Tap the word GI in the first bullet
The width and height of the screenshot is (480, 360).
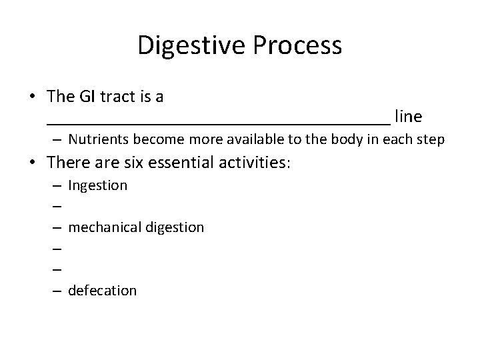click(89, 97)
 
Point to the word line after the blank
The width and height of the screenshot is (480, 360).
click(408, 117)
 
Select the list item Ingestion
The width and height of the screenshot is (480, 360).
click(97, 185)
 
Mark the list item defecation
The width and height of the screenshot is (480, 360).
click(102, 290)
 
